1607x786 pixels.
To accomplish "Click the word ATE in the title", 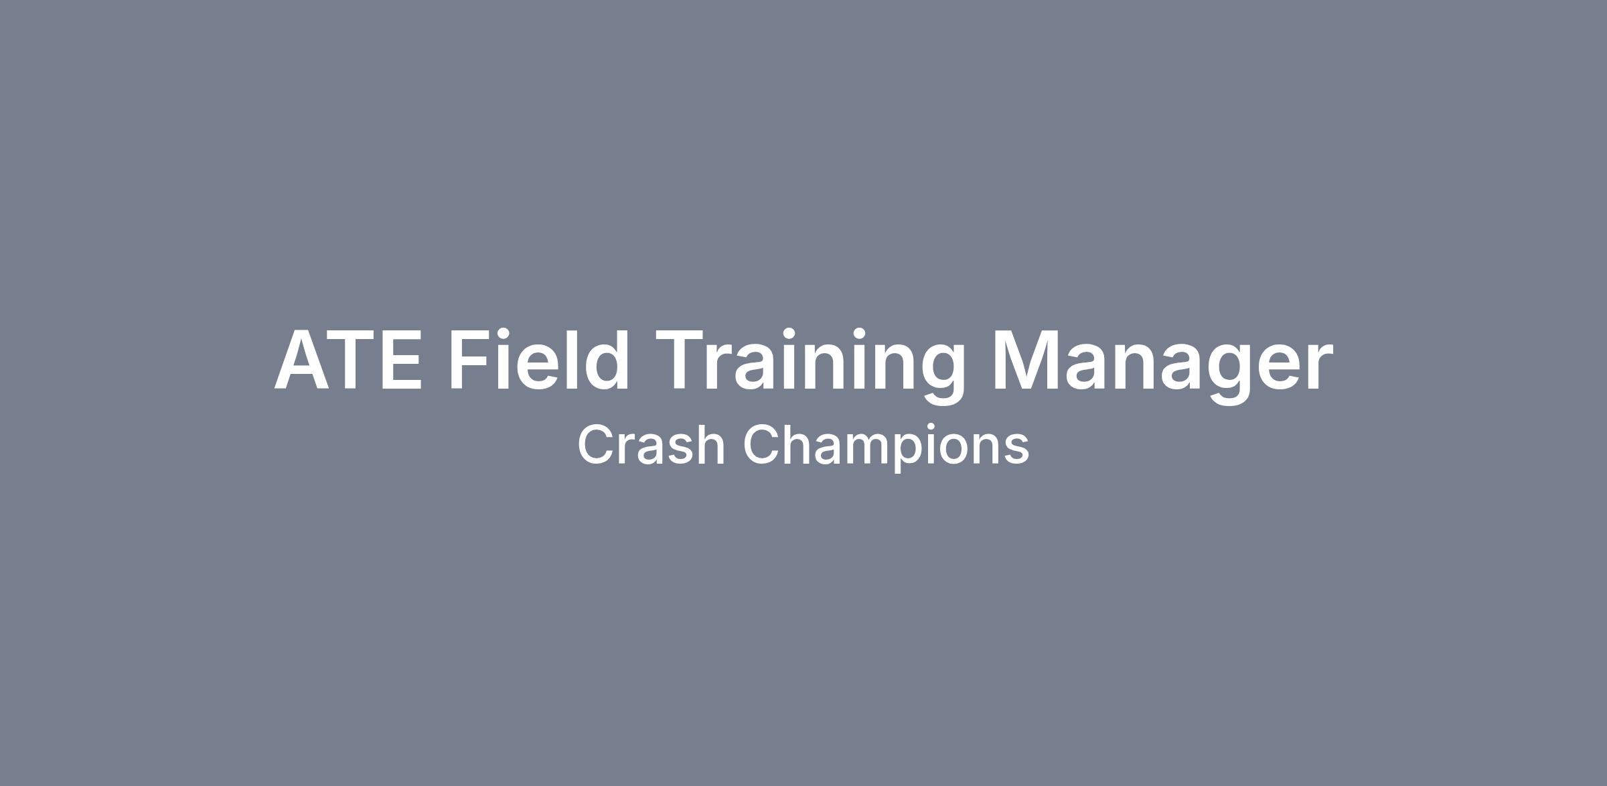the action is [348, 359].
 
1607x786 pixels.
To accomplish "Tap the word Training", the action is [810, 366].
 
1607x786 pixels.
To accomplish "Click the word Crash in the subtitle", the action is [651, 444].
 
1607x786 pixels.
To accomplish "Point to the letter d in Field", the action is [606, 358].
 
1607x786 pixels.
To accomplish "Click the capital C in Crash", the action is [597, 444].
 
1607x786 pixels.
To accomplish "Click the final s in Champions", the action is [1016, 450].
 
